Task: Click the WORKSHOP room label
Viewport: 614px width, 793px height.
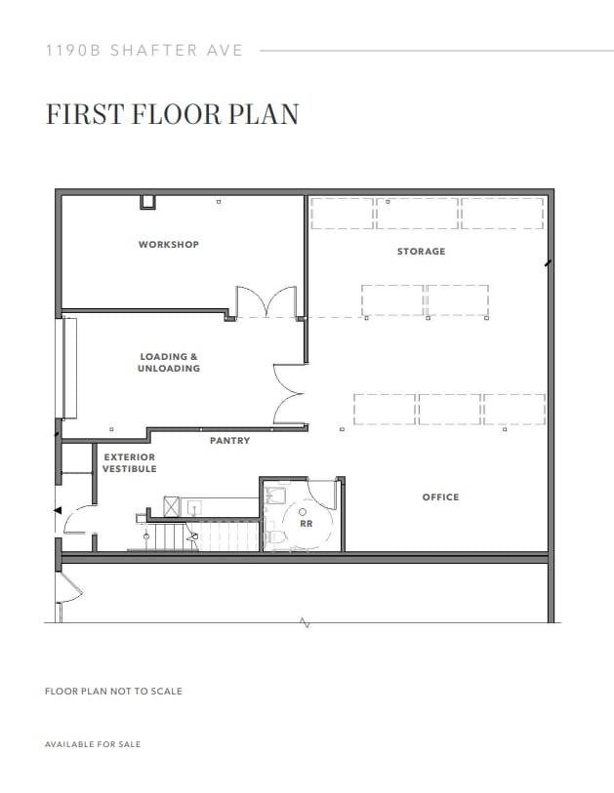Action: pyautogui.click(x=168, y=244)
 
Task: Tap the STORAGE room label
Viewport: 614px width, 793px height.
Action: pyautogui.click(x=421, y=252)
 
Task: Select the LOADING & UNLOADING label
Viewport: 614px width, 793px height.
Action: pyautogui.click(x=169, y=363)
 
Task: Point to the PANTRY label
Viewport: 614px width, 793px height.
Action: pyautogui.click(x=229, y=441)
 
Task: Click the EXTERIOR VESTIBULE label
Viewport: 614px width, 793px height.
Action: pyautogui.click(x=129, y=463)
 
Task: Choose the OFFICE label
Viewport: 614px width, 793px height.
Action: pyautogui.click(x=440, y=497)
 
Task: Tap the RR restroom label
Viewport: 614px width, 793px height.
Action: pyautogui.click(x=305, y=523)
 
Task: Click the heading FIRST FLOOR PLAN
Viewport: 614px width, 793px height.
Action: pyautogui.click(x=172, y=114)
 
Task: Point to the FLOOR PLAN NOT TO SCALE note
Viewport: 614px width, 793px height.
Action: pyautogui.click(x=113, y=692)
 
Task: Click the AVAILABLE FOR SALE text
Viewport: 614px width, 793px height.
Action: pyautogui.click(x=93, y=744)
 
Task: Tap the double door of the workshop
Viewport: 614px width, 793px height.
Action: pyautogui.click(x=266, y=301)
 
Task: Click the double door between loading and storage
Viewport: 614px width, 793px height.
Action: pyautogui.click(x=291, y=395)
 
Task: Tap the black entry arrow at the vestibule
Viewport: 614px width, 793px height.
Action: pyautogui.click(x=57, y=510)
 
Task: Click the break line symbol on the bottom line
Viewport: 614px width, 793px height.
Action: pyautogui.click(x=307, y=622)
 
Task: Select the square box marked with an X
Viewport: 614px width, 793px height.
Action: pyautogui.click(x=172, y=506)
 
